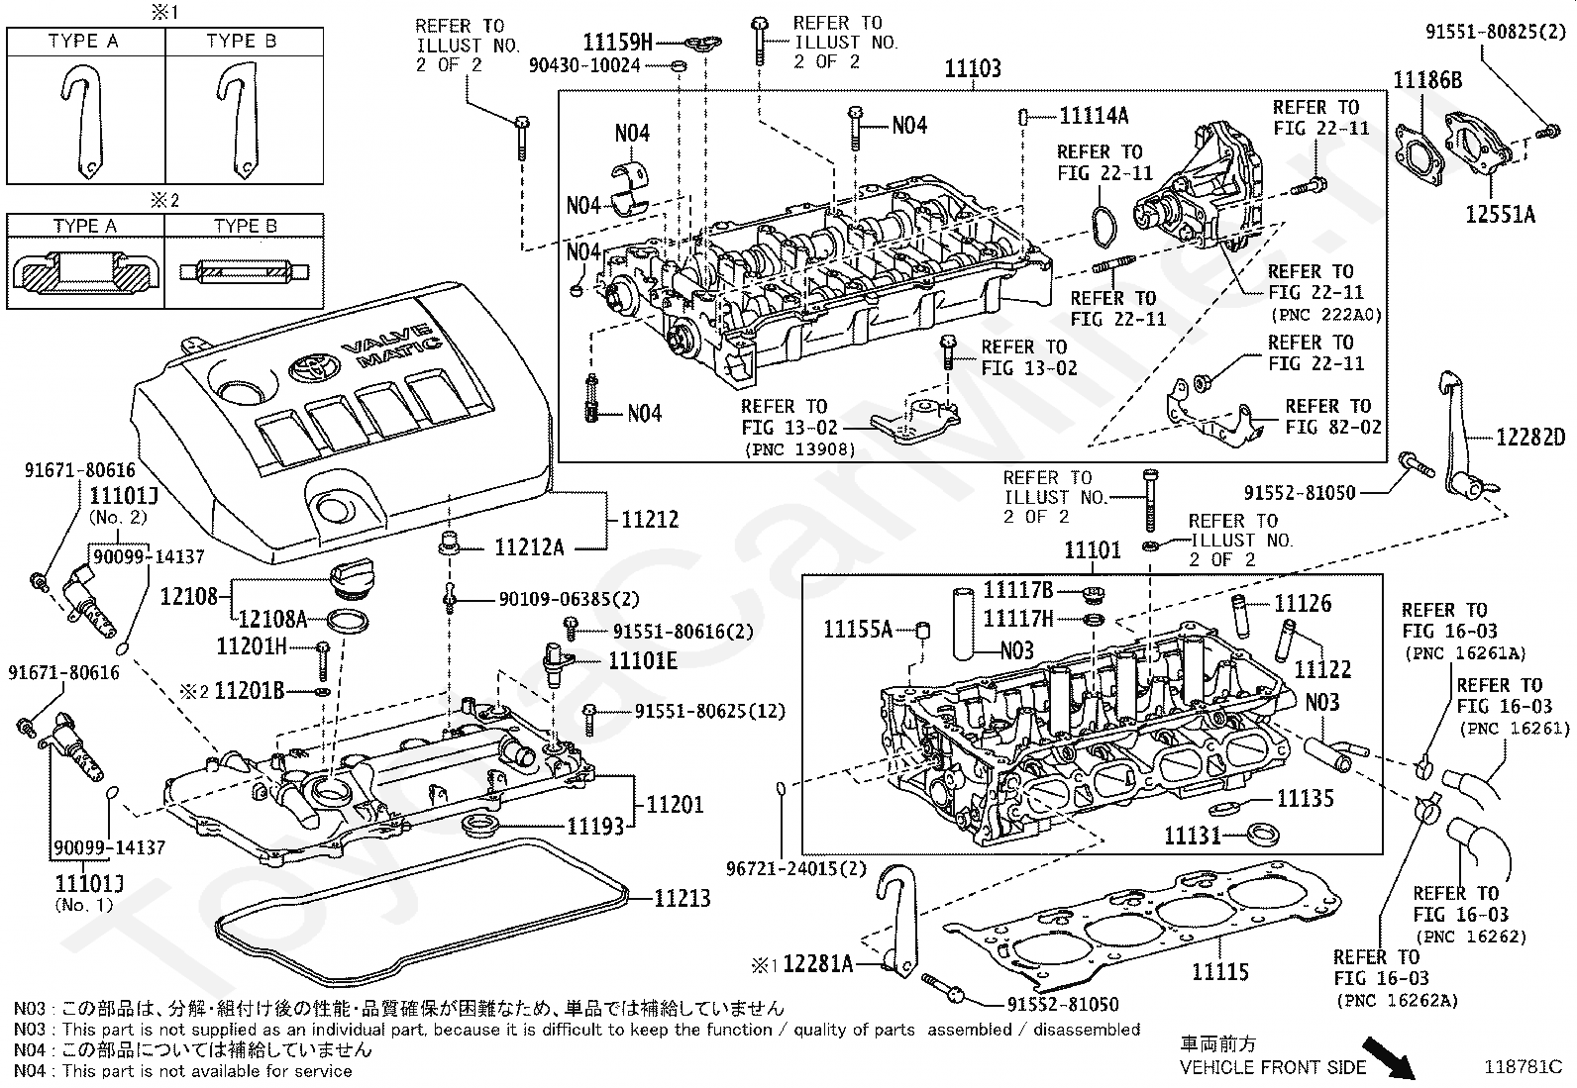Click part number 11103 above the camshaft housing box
pyautogui.click(x=972, y=68)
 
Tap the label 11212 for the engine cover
pyautogui.click(x=650, y=520)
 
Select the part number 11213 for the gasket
pyautogui.click(x=683, y=898)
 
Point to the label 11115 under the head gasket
pyautogui.click(x=1220, y=971)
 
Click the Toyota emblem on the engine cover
pyautogui.click(x=313, y=366)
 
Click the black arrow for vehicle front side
pyautogui.click(x=1389, y=1057)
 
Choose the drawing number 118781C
pyautogui.click(x=1523, y=1067)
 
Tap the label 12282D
pyautogui.click(x=1530, y=437)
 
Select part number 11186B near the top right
pyautogui.click(x=1427, y=80)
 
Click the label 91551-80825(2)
pyautogui.click(x=1495, y=32)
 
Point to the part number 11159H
pyautogui.click(x=618, y=43)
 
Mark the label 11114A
pyautogui.click(x=1094, y=116)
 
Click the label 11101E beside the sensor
pyautogui.click(x=643, y=661)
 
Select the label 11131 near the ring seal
pyautogui.click(x=1193, y=836)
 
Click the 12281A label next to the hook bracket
pyautogui.click(x=817, y=963)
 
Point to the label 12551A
pyautogui.click(x=1500, y=214)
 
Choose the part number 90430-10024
pyautogui.click(x=584, y=65)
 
